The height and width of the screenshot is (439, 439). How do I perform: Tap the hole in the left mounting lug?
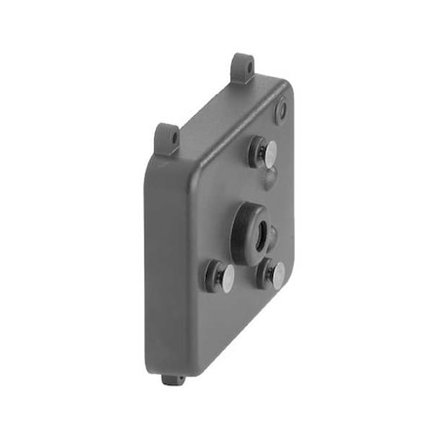pos(172,138)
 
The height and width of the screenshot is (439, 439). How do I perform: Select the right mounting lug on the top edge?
pos(243,67)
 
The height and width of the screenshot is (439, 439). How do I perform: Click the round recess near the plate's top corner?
pos(281,110)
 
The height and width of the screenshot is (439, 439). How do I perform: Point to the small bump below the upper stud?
pos(270,178)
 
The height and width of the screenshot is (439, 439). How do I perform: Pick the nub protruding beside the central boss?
pos(272,236)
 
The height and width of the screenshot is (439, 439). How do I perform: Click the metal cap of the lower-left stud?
pos(225,279)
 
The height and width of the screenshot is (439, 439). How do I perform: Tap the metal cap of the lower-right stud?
pos(277,276)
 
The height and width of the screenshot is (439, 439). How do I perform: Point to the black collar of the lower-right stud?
pos(265,272)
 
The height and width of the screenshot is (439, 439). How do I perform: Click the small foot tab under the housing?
pos(174,379)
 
